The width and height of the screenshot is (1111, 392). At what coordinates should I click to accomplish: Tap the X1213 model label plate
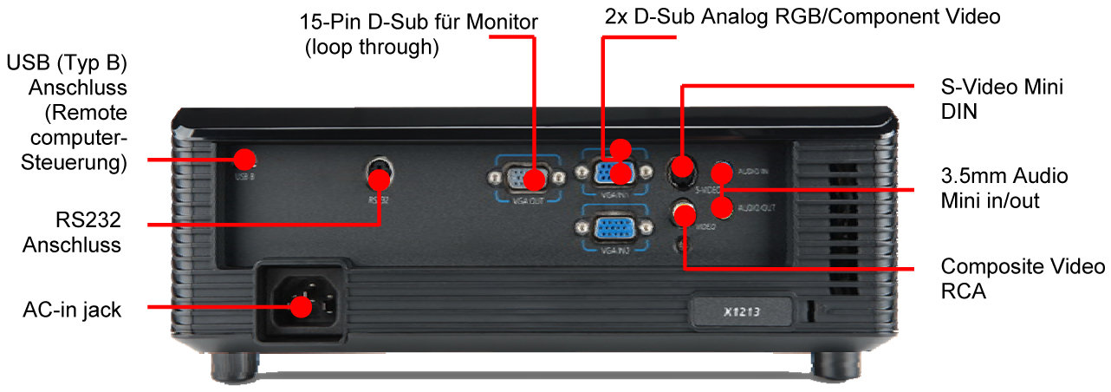tap(742, 310)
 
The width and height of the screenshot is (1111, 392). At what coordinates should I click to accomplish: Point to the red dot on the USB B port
tap(246, 159)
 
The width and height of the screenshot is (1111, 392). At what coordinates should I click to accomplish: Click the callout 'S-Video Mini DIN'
tap(1001, 100)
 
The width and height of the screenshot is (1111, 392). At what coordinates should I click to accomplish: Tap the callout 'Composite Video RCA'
tap(1022, 278)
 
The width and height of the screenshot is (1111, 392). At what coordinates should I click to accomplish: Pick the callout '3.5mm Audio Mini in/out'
tap(1004, 188)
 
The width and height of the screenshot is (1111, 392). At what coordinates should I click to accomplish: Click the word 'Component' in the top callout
tap(875, 16)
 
